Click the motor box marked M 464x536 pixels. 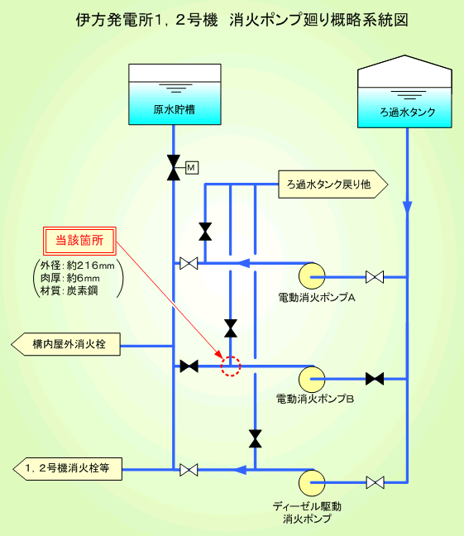click(192, 167)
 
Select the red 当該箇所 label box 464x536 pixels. click(79, 241)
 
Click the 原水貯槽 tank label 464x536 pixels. click(175, 109)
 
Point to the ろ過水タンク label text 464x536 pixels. click(408, 112)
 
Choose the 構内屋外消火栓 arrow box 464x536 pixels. click(65, 344)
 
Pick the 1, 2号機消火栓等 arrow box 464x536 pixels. click(67, 469)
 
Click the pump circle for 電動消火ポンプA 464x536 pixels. click(312, 276)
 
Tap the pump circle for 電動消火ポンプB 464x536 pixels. click(312, 379)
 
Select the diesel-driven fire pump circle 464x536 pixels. click(312, 483)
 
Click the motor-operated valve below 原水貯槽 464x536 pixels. click(174, 167)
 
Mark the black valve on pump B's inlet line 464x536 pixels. click(375, 379)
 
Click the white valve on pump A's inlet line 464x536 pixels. click(375, 277)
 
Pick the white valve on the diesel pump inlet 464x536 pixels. click(375, 483)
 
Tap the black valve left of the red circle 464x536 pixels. click(189, 366)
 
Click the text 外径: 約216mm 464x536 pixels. click(78, 266)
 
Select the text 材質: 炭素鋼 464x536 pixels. click(69, 290)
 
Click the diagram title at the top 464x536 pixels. click(242, 20)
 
